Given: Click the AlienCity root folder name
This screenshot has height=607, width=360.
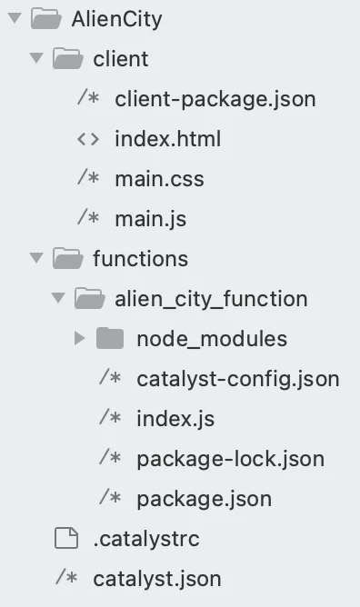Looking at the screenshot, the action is pyautogui.click(x=116, y=19).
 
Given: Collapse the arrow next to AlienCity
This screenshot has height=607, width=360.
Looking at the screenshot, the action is pyautogui.click(x=15, y=18).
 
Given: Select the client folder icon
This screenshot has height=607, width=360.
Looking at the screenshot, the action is pyautogui.click(x=68, y=58).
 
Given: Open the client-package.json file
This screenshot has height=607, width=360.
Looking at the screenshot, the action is pyautogui.click(x=215, y=99).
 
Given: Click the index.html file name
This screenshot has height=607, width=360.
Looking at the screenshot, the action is pyautogui.click(x=167, y=139).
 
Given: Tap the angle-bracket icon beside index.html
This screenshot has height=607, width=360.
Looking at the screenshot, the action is pyautogui.click(x=88, y=139).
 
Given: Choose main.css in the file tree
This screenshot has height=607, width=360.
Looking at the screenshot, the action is pyautogui.click(x=159, y=179).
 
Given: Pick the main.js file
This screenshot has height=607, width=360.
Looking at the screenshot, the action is pyautogui.click(x=151, y=219).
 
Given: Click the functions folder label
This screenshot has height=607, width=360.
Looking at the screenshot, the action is pyautogui.click(x=141, y=259).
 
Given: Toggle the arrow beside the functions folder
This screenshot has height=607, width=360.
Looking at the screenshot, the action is pyautogui.click(x=36, y=257).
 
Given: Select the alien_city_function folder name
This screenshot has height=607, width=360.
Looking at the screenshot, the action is pyautogui.click(x=211, y=299).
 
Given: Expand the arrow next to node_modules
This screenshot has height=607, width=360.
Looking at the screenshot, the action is pyautogui.click(x=79, y=338).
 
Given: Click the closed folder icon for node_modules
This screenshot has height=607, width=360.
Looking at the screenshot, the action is pyautogui.click(x=110, y=338).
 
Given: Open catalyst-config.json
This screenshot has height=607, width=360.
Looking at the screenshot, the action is pyautogui.click(x=238, y=379).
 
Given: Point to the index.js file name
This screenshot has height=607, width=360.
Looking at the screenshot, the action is pyautogui.click(x=175, y=419).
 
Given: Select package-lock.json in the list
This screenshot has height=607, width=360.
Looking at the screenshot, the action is pyautogui.click(x=230, y=459).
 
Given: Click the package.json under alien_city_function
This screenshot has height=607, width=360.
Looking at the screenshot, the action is pyautogui.click(x=204, y=500).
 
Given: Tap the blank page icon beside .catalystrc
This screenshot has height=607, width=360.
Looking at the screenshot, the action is pyautogui.click(x=66, y=538).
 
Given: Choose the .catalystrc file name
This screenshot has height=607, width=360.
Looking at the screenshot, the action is pyautogui.click(x=146, y=539).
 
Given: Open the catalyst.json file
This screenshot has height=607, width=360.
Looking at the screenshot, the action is pyautogui.click(x=157, y=580).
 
